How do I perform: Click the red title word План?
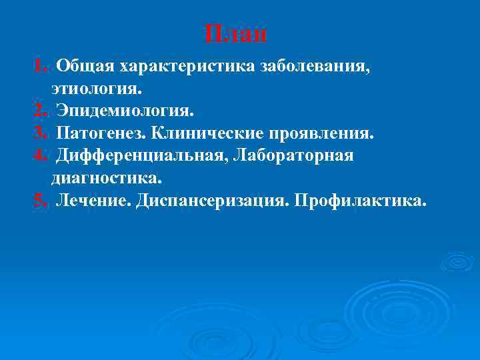236,33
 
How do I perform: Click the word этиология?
95,89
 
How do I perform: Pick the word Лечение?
93,201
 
